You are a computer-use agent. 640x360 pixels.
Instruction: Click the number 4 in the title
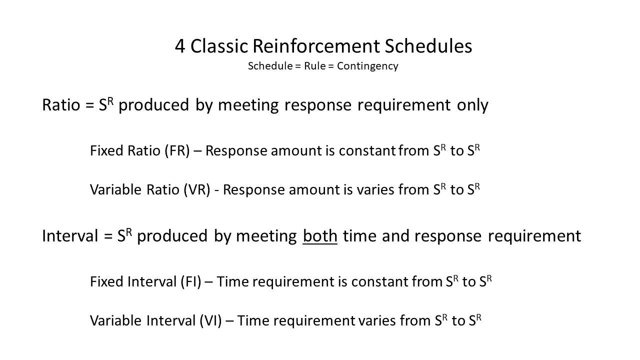click(x=179, y=46)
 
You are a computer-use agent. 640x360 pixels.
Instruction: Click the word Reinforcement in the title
click(x=316, y=46)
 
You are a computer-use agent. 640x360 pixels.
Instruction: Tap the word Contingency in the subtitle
click(x=367, y=66)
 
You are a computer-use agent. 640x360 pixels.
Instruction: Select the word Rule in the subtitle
click(x=314, y=66)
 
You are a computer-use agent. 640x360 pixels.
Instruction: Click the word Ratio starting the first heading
click(x=61, y=104)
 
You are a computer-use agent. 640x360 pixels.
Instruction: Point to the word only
click(x=472, y=105)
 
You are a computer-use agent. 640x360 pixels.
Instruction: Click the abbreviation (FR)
click(x=177, y=150)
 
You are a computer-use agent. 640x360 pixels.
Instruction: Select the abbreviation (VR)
click(x=197, y=189)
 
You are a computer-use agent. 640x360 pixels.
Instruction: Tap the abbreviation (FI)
click(x=191, y=281)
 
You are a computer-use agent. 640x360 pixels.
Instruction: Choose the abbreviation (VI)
click(x=210, y=320)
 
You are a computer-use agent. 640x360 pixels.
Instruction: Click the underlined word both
click(x=320, y=236)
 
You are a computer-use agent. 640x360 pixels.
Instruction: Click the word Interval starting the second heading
click(x=70, y=235)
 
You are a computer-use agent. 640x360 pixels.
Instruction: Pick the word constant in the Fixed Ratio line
click(x=367, y=151)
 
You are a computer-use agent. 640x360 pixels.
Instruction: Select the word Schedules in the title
click(x=428, y=46)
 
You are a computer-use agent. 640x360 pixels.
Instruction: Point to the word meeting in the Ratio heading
click(x=248, y=105)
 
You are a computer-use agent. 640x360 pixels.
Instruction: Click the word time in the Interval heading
click(x=359, y=236)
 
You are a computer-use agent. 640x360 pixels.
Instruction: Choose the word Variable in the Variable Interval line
click(x=115, y=320)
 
